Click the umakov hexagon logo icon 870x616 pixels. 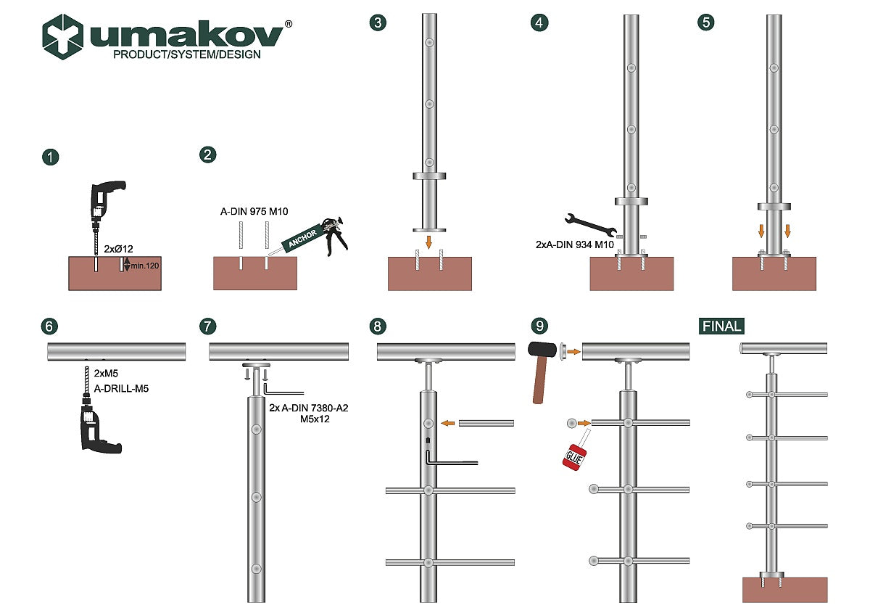[62, 36]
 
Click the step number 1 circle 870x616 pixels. [50, 157]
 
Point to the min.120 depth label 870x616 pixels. [145, 266]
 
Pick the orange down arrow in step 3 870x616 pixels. [428, 240]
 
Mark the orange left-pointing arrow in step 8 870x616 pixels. [449, 423]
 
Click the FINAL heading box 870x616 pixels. [722, 326]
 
